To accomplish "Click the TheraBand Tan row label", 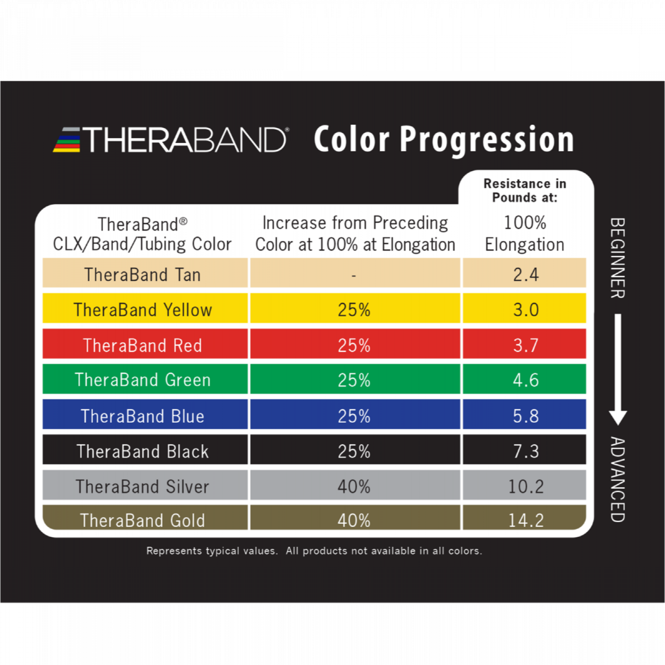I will (143, 275).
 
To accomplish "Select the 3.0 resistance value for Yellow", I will (526, 310).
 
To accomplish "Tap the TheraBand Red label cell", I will (143, 345).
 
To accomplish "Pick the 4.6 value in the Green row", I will (526, 380).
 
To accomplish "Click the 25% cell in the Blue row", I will (354, 416).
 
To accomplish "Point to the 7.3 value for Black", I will (526, 451).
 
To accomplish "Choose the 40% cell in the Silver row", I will (354, 486).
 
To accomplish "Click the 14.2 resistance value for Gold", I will (526, 520).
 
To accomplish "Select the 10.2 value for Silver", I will (526, 486).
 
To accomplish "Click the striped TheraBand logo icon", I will (67, 140).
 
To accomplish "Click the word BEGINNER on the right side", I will (618, 258).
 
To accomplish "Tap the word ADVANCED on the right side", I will (618, 479).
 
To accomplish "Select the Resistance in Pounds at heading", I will (525, 190).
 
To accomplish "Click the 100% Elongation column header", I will (525, 234).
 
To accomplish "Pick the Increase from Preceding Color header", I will (355, 234).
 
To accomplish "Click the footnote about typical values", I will (314, 551).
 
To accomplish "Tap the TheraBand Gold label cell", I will (143, 520).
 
